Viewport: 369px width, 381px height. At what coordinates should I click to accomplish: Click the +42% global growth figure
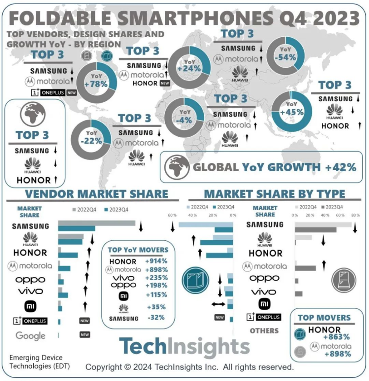[340, 167]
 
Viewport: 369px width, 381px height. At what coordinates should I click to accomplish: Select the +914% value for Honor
[156, 261]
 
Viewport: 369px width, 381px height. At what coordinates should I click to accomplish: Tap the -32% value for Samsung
[156, 317]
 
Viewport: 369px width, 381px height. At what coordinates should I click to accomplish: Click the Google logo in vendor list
[30, 336]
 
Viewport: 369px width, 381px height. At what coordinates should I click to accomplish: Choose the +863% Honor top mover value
[336, 337]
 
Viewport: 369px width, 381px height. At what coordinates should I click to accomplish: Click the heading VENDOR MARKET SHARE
[97, 194]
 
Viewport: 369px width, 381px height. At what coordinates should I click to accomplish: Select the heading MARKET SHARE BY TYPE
[274, 194]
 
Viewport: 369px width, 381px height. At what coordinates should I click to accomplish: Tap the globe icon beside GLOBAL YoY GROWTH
[177, 167]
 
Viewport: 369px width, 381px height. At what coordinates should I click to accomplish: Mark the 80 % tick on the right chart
[355, 214]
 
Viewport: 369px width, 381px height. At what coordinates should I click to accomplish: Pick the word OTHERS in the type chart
[264, 331]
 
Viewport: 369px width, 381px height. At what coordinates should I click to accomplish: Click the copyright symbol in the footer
[128, 366]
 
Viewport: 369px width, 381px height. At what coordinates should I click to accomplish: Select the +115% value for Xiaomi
[156, 295]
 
